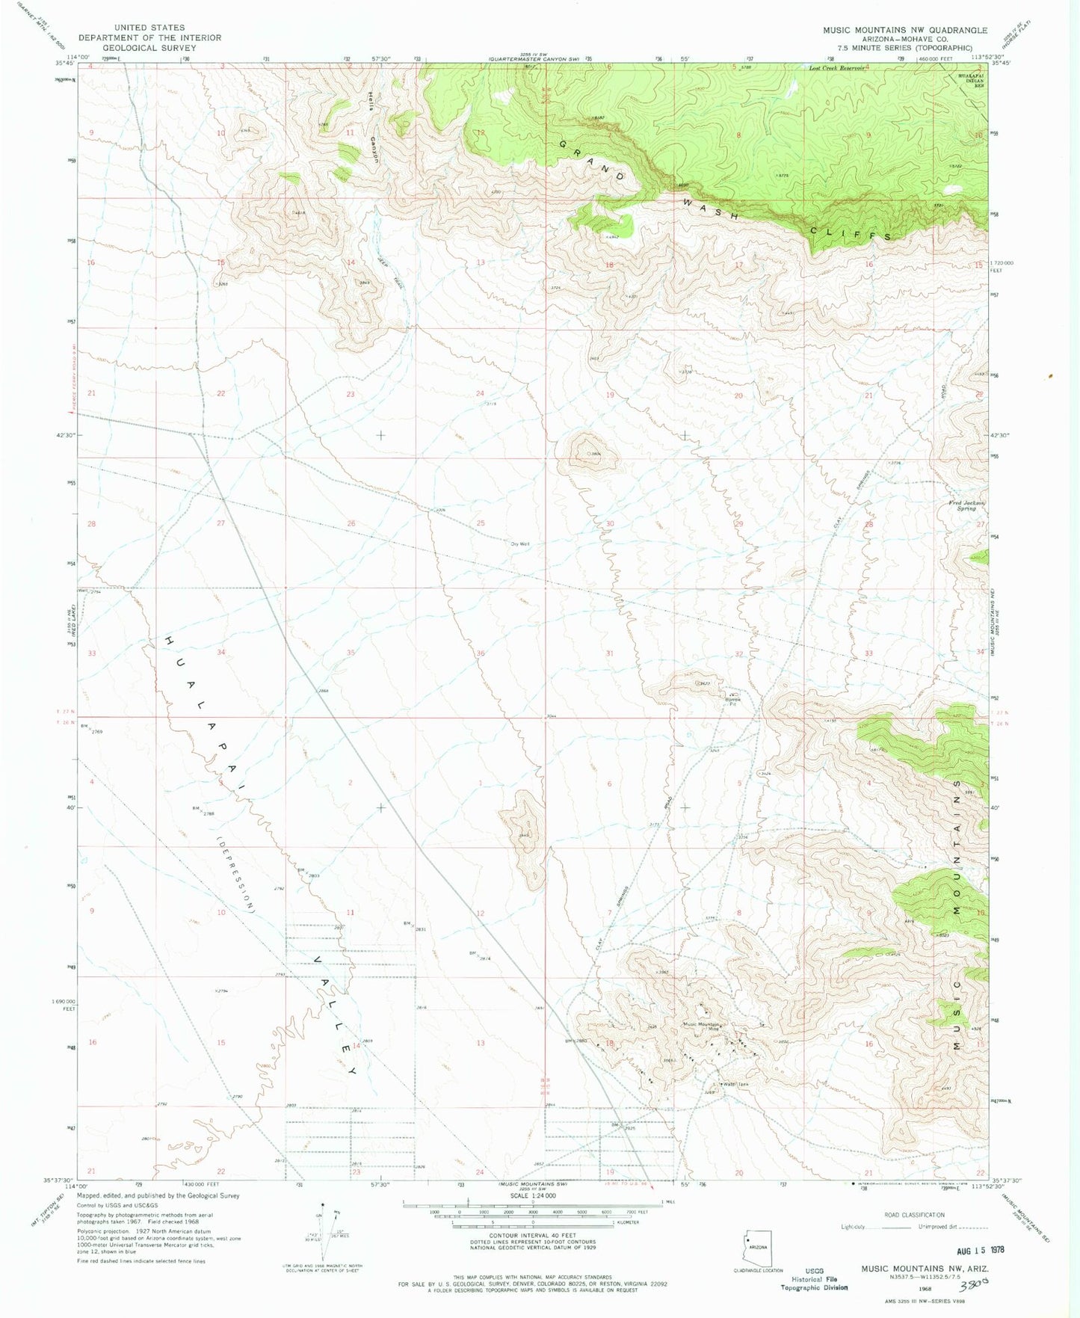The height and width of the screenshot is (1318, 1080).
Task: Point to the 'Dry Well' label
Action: coord(520,544)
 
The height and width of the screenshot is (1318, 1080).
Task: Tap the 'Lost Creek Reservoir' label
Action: coord(836,68)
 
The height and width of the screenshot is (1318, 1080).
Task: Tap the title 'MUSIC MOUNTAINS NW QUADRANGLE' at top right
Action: coord(904,31)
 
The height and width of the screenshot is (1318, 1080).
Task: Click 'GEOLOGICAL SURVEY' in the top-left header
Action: coord(149,47)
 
